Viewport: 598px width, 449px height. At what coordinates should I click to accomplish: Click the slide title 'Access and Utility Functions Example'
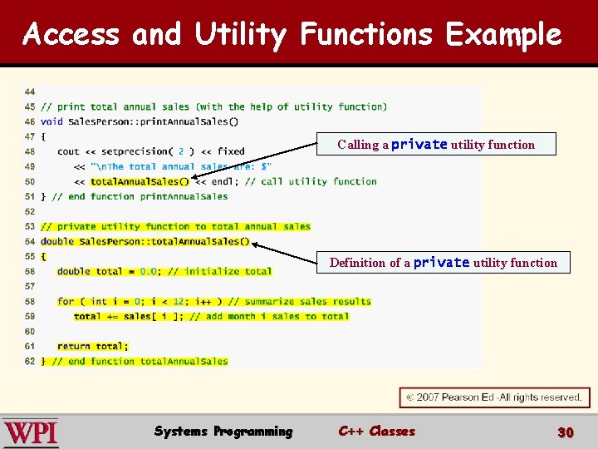(x=292, y=34)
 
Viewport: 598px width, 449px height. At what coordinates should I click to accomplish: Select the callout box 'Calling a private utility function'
(x=436, y=145)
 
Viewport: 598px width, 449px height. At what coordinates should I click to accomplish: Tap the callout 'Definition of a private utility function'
(x=444, y=263)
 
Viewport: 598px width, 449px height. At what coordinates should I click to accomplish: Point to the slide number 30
(x=566, y=432)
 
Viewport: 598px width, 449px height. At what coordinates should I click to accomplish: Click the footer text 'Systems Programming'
(x=223, y=431)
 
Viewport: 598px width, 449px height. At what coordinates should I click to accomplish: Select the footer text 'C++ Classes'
(x=376, y=431)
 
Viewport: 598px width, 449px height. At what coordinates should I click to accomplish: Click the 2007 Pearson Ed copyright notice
(x=495, y=397)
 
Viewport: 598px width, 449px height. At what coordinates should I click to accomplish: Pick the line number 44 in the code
(x=30, y=91)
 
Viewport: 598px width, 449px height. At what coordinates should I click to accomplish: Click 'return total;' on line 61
(x=93, y=346)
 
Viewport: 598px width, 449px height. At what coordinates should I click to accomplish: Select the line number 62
(x=30, y=361)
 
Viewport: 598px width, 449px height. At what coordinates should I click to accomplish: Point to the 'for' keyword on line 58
(x=66, y=301)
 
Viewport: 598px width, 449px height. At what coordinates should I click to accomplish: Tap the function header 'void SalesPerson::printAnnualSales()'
(x=140, y=121)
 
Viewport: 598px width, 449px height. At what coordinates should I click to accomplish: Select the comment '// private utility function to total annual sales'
(x=175, y=226)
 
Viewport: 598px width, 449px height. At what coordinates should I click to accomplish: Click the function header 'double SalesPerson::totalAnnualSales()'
(x=145, y=241)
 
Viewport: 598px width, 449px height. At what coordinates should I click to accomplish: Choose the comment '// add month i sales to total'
(x=269, y=316)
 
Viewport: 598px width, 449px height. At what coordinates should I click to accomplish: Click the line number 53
(x=30, y=226)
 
